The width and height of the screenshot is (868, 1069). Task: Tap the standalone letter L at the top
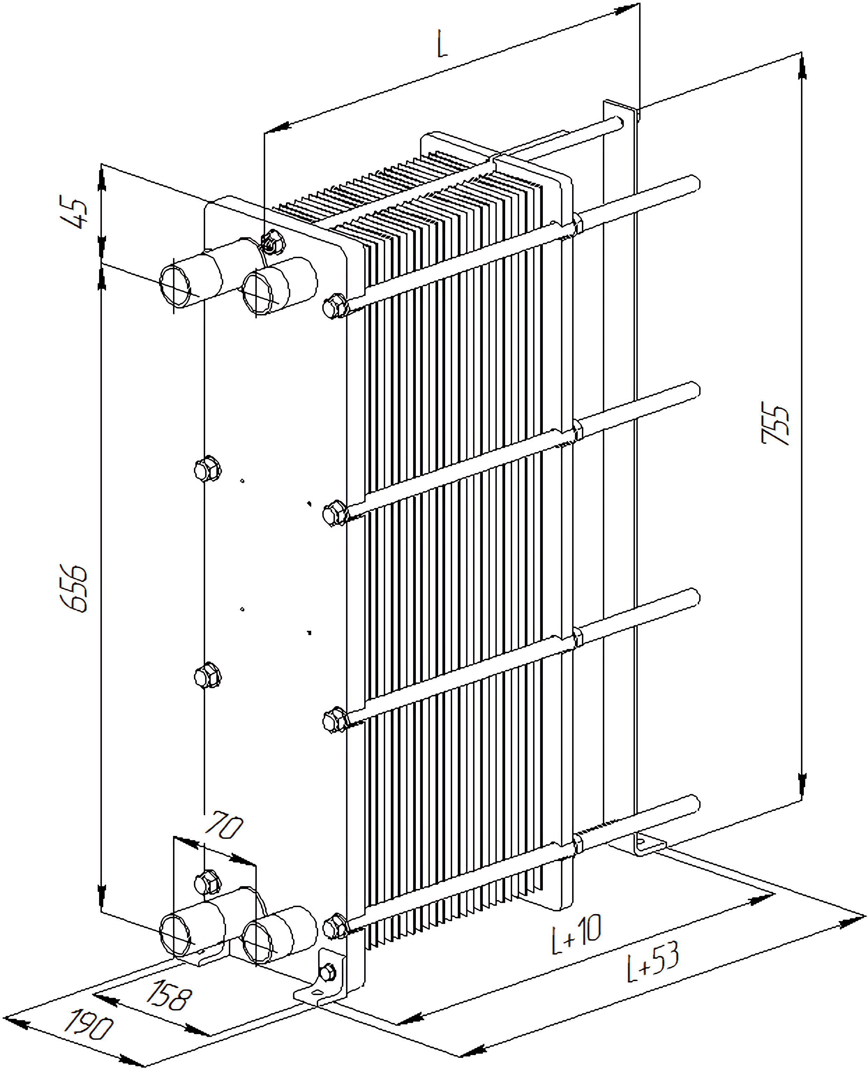[x=442, y=44]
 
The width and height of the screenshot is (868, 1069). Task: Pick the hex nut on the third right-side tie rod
[x=335, y=720]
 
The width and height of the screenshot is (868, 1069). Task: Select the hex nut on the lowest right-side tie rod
[x=335, y=927]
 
